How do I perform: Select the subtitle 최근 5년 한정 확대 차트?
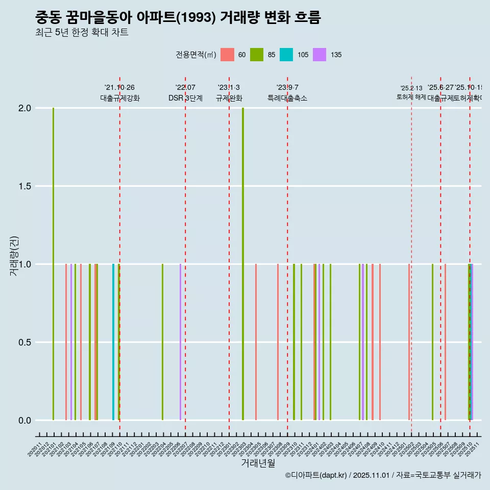[x=82, y=33]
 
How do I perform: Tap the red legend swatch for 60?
[x=227, y=55]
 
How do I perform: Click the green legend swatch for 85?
[x=257, y=55]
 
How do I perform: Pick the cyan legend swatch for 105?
[x=286, y=55]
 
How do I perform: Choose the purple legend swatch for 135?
[x=320, y=55]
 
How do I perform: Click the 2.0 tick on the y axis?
[x=25, y=108]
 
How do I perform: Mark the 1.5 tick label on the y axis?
[x=25, y=186]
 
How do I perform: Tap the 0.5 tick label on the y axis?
[x=25, y=342]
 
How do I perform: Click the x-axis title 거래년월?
[x=258, y=463]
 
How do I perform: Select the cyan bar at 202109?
[x=113, y=342]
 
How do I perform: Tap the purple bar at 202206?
[x=180, y=342]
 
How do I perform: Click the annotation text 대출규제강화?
[x=119, y=98]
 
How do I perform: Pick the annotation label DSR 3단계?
[x=185, y=98]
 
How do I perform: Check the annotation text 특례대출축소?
[x=287, y=98]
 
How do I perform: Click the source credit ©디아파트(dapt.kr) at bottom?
[x=383, y=475]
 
